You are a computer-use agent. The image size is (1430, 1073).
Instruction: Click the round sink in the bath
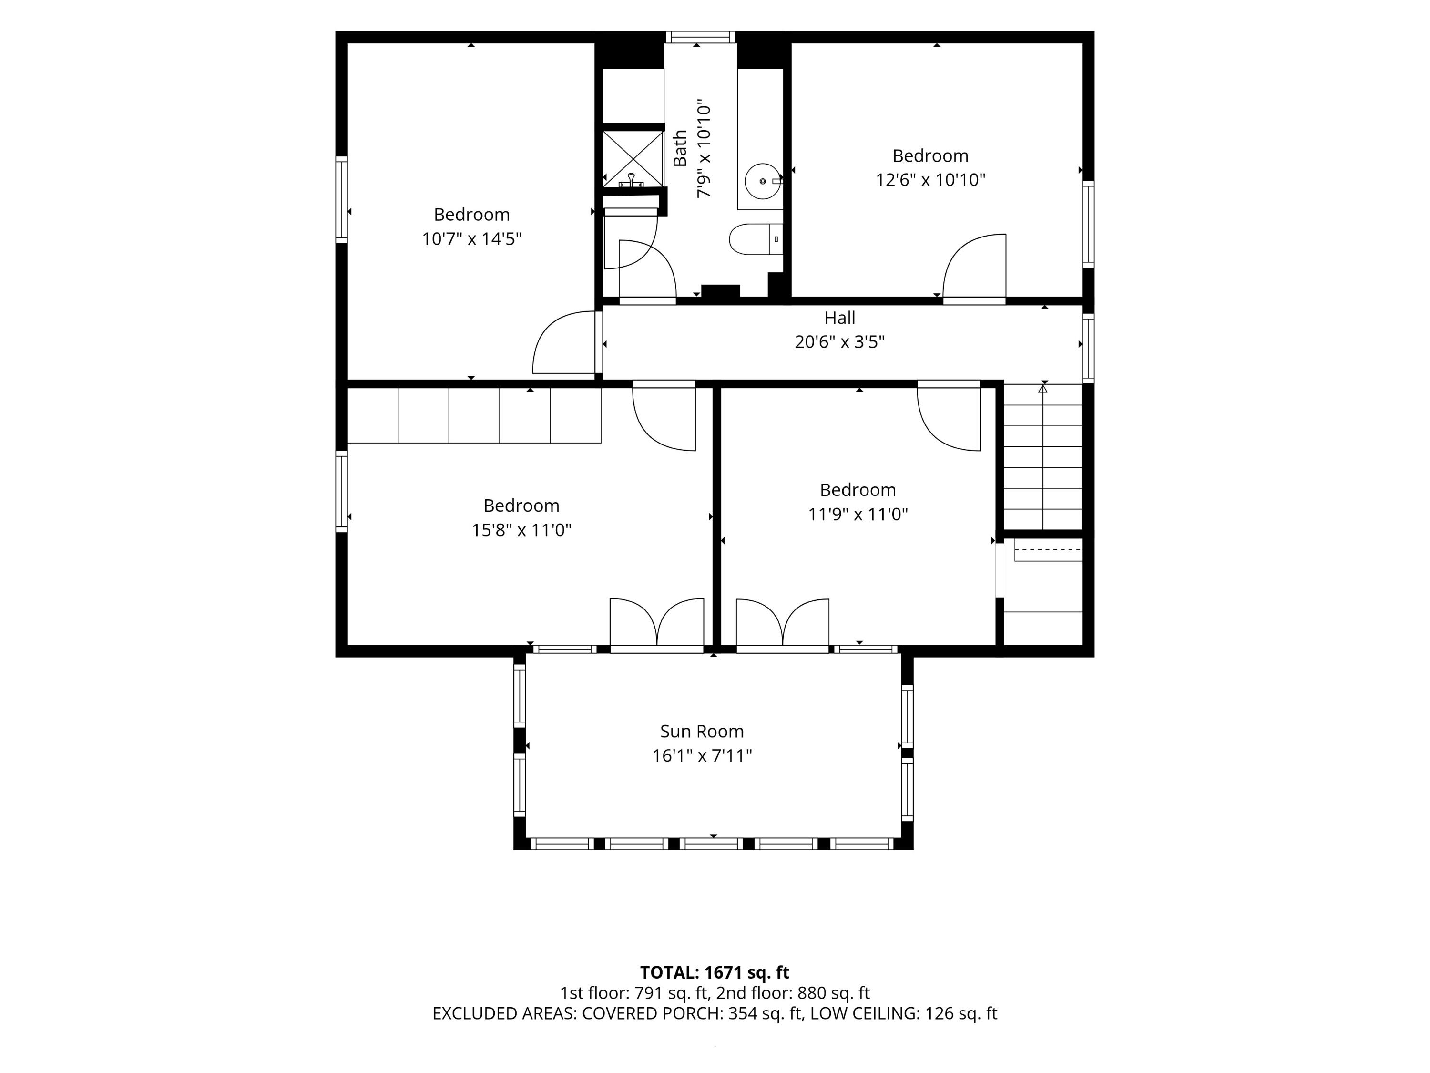[763, 182]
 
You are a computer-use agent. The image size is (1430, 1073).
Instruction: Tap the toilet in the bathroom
[756, 239]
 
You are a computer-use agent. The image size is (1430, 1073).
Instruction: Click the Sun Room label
[702, 731]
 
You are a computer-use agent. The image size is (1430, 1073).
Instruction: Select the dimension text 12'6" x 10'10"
[930, 180]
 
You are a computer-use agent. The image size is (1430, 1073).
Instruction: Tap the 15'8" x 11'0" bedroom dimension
[521, 530]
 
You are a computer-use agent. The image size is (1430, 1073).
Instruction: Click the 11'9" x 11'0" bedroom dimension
[858, 514]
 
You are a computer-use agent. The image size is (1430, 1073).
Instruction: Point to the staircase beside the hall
[1042, 457]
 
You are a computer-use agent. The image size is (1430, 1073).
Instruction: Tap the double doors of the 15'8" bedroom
[657, 623]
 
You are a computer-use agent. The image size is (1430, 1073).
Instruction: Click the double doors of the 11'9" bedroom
[782, 623]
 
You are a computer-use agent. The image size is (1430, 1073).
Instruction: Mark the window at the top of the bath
[700, 37]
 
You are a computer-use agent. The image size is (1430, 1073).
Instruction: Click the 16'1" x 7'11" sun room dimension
[702, 755]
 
